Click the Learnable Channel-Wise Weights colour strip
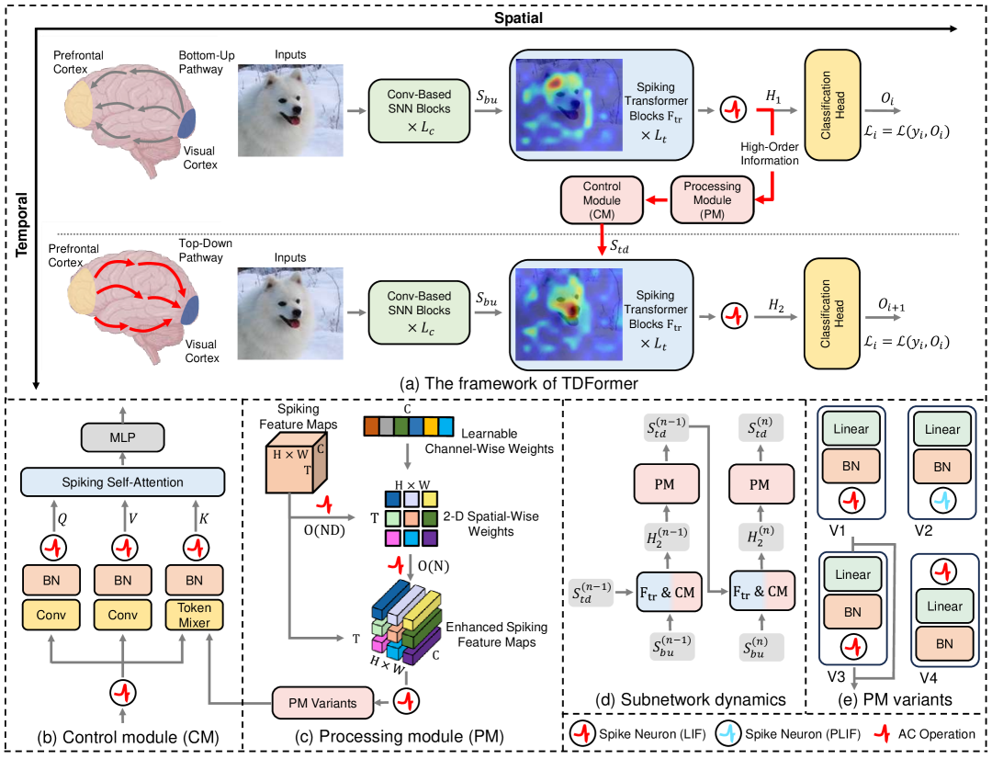coord(408,426)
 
